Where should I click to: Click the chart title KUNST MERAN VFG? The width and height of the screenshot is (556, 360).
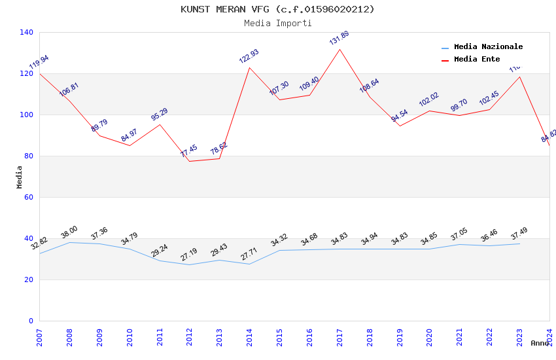(x=277, y=9)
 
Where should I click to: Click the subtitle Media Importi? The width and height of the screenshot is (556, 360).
(x=277, y=23)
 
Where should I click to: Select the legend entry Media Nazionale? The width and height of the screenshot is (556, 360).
(x=488, y=46)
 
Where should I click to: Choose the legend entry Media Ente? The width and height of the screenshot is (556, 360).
(x=477, y=59)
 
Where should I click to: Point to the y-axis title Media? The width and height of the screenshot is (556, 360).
(x=19, y=177)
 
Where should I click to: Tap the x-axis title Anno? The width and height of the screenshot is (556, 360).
(x=540, y=343)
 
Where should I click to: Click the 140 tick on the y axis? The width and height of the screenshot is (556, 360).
(x=27, y=32)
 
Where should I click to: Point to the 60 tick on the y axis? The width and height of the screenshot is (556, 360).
(x=29, y=197)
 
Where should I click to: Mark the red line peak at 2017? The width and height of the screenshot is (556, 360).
(x=339, y=49)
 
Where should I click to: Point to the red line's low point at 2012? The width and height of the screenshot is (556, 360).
(x=190, y=161)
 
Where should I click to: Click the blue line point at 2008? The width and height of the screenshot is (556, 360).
(x=70, y=242)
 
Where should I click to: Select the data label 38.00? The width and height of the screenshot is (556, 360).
(x=69, y=232)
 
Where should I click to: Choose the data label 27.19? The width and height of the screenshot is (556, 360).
(x=189, y=255)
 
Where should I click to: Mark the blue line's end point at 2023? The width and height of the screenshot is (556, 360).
(x=519, y=243)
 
